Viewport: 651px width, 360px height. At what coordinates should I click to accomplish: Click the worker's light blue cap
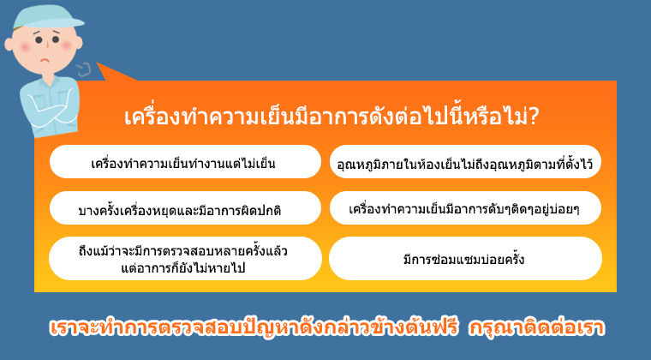[45, 17]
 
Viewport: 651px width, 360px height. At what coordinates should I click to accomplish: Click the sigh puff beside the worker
[84, 69]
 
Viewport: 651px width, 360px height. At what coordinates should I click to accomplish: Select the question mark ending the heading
[533, 117]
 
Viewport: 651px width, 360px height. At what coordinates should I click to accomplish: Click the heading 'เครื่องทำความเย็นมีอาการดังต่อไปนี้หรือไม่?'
[331, 117]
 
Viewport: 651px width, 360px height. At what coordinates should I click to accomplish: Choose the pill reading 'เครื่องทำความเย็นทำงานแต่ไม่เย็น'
[185, 162]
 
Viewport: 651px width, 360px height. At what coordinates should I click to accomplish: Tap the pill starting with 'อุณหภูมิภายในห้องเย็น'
[465, 162]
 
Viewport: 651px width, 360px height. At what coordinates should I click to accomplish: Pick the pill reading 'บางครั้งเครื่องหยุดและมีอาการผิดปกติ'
[185, 208]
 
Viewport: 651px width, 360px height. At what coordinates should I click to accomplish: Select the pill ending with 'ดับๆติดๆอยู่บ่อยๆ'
[465, 208]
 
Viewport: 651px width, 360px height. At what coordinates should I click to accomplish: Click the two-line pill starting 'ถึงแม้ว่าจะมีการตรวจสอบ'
[185, 258]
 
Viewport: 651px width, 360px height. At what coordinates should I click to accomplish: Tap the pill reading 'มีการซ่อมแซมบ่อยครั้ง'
[465, 258]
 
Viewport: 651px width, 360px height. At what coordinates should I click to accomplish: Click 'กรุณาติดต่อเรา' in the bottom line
[536, 328]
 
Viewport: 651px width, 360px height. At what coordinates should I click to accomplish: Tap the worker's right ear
[9, 44]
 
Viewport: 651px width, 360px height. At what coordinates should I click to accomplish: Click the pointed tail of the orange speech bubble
[97, 63]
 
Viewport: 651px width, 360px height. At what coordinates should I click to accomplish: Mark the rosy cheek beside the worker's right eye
[25, 47]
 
